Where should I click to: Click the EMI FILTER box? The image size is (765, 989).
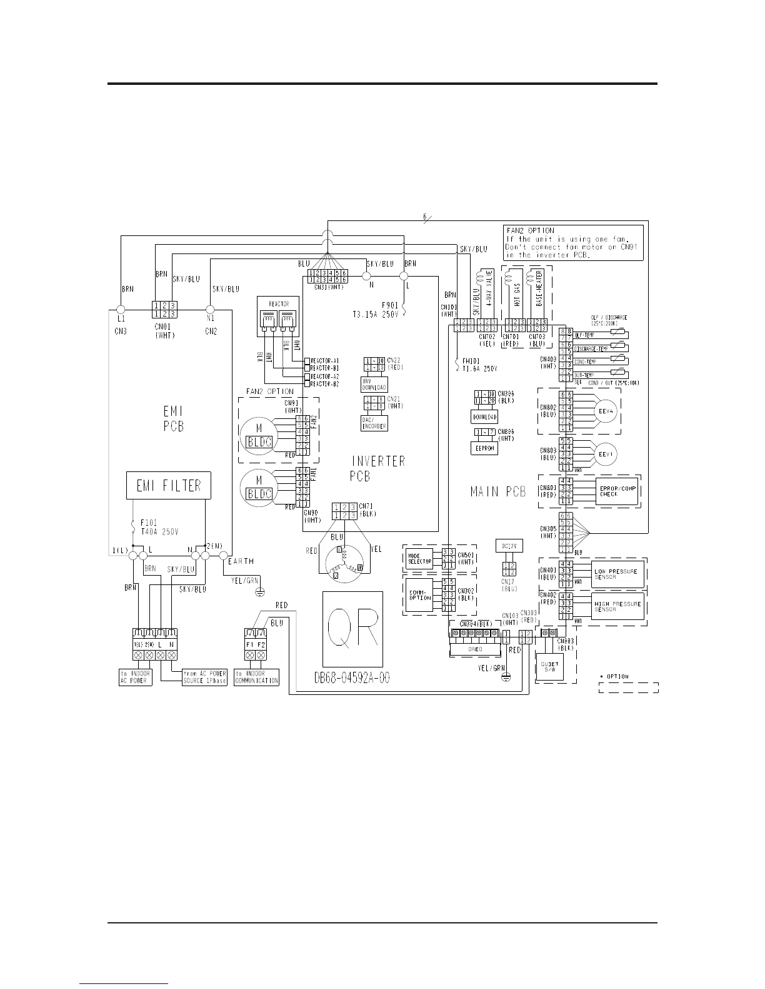(169, 486)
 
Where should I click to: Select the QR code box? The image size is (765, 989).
(352, 629)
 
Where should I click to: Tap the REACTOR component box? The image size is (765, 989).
(277, 317)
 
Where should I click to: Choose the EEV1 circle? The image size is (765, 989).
(604, 455)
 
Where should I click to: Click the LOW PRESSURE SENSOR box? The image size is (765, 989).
(617, 574)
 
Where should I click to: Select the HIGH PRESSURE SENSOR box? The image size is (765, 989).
(617, 606)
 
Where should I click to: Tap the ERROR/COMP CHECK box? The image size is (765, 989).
(617, 491)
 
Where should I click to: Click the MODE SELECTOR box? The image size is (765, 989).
(420, 558)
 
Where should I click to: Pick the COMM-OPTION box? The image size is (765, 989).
(420, 594)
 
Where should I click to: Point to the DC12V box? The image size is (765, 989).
(508, 546)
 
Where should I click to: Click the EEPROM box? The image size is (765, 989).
(484, 448)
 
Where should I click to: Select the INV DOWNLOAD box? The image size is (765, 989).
(374, 385)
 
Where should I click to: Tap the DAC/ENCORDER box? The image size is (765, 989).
(374, 423)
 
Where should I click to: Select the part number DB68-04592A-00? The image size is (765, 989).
(352, 678)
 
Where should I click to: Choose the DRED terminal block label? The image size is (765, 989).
(475, 649)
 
